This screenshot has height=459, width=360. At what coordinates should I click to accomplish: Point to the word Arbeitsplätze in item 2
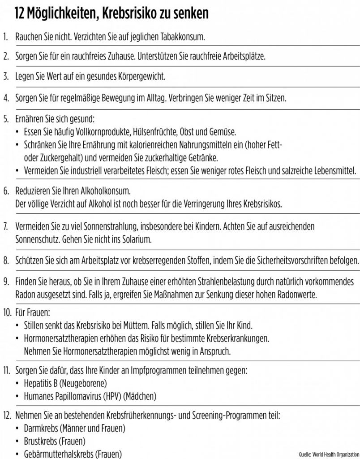click(x=243, y=56)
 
